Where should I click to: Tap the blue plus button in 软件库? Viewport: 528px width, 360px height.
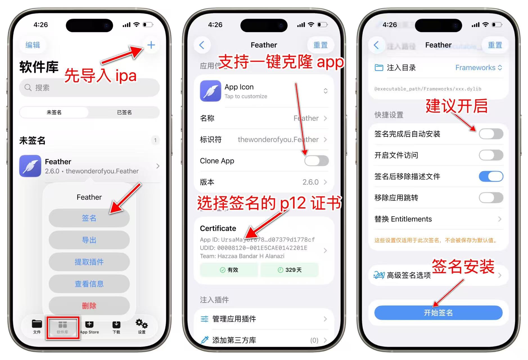tap(151, 45)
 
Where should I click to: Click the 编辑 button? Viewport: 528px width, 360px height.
tap(33, 45)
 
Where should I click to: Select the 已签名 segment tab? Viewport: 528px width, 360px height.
tap(124, 112)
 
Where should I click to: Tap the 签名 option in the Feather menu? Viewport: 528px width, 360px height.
tap(89, 218)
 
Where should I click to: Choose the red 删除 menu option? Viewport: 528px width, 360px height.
tap(89, 306)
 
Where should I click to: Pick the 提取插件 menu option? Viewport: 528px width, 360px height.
tap(89, 262)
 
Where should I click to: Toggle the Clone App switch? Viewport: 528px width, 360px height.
tap(316, 161)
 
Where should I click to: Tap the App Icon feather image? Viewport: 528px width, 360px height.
tap(210, 91)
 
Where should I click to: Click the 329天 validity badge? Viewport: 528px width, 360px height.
tap(289, 270)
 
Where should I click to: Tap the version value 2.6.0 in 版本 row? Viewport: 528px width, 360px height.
tap(310, 182)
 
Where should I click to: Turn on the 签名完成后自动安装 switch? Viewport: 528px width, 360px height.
tap(491, 134)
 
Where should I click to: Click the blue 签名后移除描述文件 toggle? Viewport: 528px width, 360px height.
tap(491, 177)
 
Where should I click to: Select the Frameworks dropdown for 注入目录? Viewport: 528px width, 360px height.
tap(478, 68)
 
